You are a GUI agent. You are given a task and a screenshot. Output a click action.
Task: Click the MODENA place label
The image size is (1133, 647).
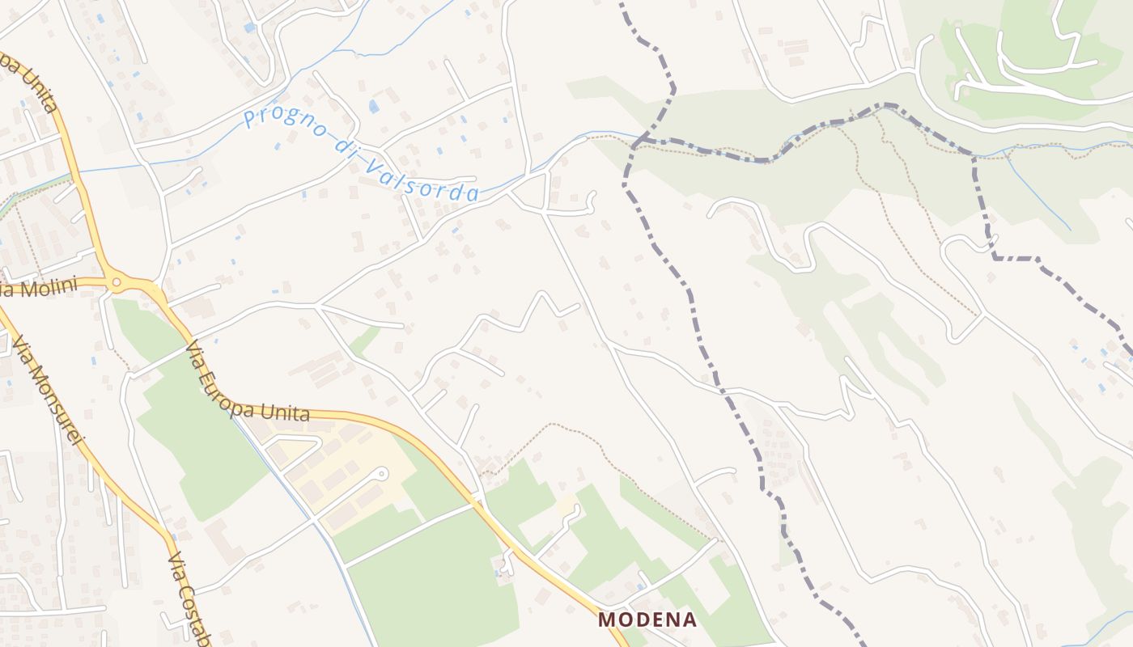pyautogui.click(x=647, y=620)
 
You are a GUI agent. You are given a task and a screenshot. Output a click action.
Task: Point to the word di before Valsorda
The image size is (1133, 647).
pyautogui.click(x=344, y=149)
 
